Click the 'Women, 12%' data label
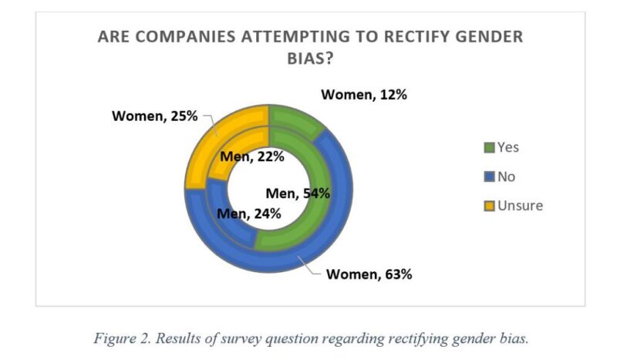[x=363, y=95]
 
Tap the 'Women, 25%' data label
[x=155, y=116]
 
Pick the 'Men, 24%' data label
[x=248, y=213]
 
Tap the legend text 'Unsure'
[x=520, y=206]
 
